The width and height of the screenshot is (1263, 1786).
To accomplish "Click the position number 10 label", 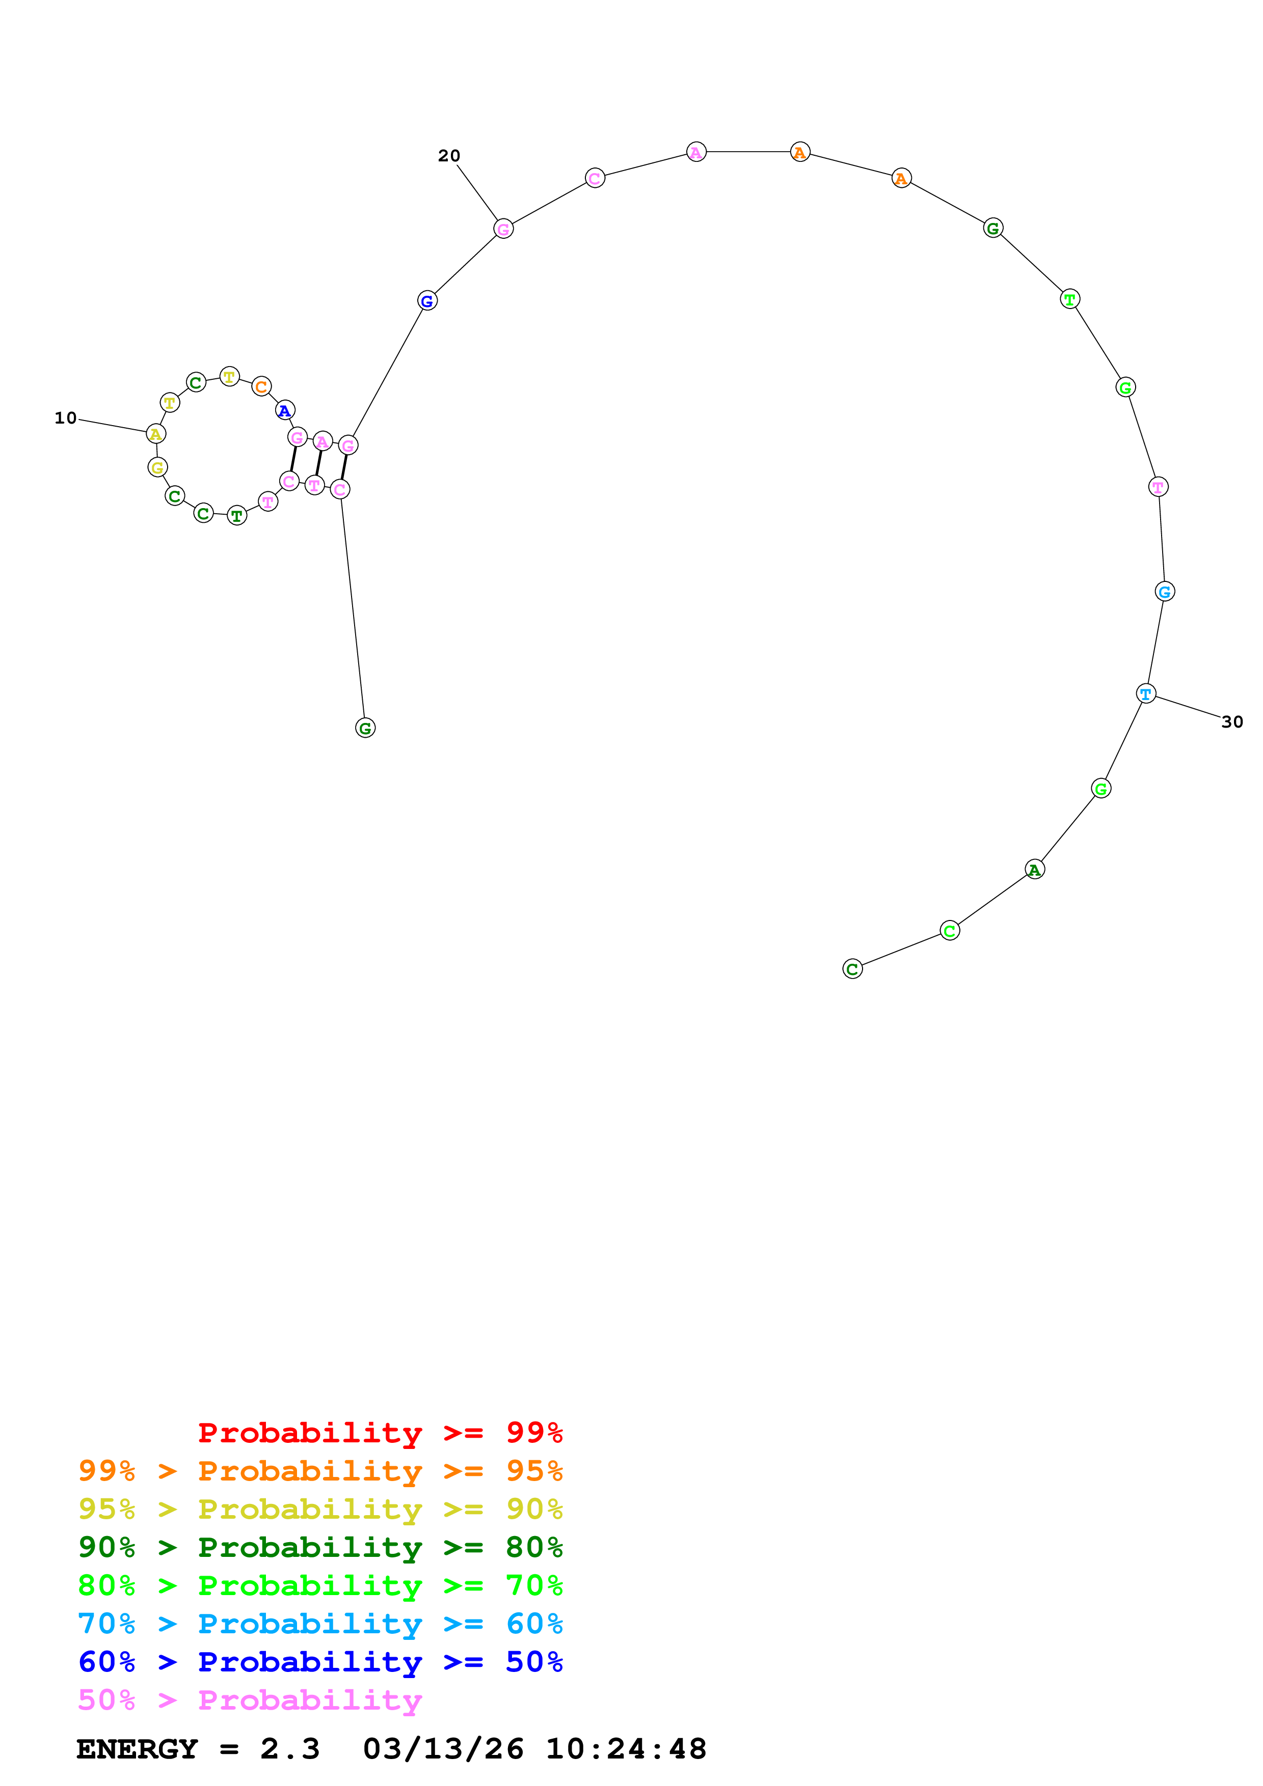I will coord(65,418).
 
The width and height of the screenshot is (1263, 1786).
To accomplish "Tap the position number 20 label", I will coord(449,156).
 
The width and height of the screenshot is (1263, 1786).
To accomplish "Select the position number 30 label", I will coord(1232,722).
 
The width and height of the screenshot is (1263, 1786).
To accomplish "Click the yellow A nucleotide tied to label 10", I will coord(155,434).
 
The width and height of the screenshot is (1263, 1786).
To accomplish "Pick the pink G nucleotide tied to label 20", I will coord(503,229).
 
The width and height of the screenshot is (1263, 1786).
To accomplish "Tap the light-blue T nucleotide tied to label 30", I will coord(1145,693).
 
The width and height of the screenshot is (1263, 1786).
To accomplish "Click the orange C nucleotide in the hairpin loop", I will coord(261,386).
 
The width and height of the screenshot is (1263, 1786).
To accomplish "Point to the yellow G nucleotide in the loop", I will coord(157,467).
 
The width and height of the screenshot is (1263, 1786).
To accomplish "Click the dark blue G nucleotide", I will coord(427,300).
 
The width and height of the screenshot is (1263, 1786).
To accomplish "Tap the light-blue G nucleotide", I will coord(1164,591).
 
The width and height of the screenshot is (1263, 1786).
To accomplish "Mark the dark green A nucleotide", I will coord(1034,869).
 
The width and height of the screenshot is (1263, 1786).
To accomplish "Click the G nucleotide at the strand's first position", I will coord(365,728).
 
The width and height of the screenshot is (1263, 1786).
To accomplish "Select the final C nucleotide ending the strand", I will coord(852,968).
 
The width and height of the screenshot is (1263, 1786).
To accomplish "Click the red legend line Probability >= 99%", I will coord(380,1432).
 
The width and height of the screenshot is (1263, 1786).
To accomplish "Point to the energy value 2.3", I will coord(289,1749).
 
